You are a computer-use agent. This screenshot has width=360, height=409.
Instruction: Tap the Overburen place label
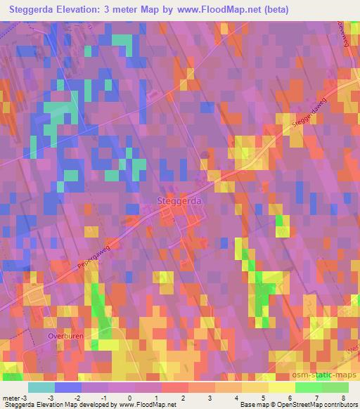coord(65,336)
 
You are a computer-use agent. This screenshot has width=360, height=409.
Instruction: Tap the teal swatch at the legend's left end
coord(41,387)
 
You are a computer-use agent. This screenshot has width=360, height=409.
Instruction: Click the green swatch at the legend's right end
coord(334,387)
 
